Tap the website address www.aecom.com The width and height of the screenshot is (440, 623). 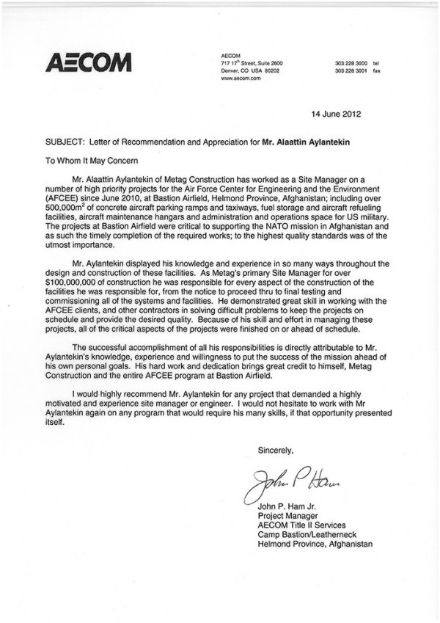pos(241,79)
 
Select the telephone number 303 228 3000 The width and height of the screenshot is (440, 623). pos(351,64)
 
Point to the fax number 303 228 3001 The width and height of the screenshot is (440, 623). pos(351,71)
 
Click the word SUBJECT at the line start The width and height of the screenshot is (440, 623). pos(64,139)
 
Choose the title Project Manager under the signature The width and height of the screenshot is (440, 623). pos(291,514)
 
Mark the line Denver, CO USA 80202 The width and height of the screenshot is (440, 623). pos(250,71)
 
